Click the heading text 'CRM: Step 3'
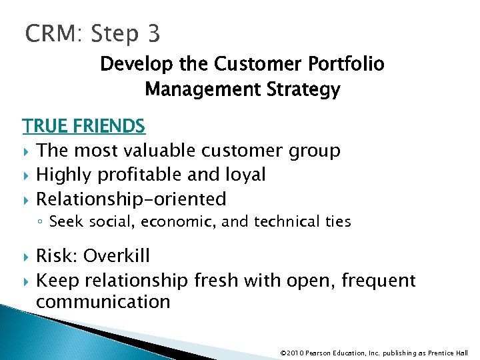[93, 33]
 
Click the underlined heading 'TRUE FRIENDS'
[83, 126]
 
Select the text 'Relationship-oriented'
[131, 199]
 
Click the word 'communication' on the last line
[103, 302]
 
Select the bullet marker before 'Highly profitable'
[27, 175]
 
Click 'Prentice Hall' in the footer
[447, 353]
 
